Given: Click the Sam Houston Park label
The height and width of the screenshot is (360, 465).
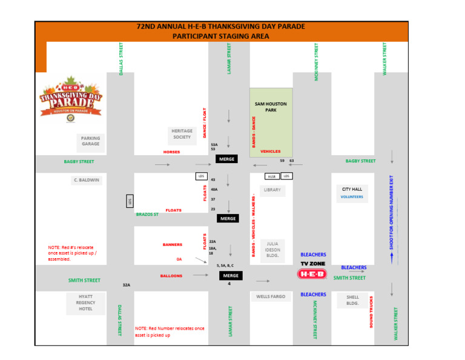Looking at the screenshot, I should point(271,107).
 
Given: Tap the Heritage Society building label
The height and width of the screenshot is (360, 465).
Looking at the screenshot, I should point(182,134).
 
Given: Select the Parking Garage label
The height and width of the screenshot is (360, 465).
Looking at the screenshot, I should point(90,141).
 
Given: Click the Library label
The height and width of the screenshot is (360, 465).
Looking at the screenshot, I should point(272,190).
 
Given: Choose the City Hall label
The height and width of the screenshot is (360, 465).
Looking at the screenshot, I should point(352,189).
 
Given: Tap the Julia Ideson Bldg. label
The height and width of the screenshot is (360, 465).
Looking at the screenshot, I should point(272,250).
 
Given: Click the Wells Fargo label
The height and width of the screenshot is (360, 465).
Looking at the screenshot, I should point(271,297).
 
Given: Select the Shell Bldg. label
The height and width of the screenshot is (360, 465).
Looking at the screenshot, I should point(352,301).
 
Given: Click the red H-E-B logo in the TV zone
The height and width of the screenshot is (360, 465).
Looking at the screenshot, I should point(312,274).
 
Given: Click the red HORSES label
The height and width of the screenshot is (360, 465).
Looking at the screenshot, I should point(171,152).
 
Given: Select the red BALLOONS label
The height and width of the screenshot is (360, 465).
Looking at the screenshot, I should point(171,276).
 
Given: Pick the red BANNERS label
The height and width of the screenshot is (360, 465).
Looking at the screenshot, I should point(173,245).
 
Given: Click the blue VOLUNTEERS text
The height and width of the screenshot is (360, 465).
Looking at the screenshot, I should point(352,197).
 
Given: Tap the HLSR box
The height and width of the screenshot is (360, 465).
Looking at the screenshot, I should point(272,176).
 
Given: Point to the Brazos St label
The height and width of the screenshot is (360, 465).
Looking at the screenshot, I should point(147,215).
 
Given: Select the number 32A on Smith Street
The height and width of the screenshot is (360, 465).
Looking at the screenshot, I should point(127,285).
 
